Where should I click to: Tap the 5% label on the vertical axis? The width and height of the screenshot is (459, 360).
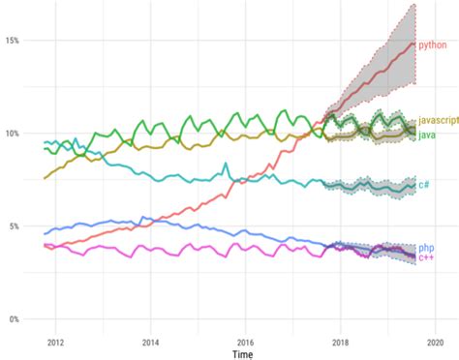click(13, 226)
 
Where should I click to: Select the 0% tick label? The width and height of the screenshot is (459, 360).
click(13, 319)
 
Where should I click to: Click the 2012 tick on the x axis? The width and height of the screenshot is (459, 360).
click(55, 342)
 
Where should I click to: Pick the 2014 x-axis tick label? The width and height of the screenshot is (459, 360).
click(150, 342)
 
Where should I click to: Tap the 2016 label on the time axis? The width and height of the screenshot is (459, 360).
click(245, 342)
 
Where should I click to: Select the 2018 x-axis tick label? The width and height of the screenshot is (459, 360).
click(340, 342)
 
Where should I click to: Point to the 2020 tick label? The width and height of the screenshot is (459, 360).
click(435, 342)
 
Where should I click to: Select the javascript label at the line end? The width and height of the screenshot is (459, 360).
click(438, 122)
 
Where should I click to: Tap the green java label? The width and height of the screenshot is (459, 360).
click(426, 134)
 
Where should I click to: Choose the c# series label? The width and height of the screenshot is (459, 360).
click(424, 185)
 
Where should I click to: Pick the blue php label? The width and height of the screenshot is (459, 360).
click(426, 249)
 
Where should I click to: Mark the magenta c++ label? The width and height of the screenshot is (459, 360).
click(425, 258)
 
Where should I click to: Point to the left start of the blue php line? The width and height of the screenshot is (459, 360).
click(45, 233)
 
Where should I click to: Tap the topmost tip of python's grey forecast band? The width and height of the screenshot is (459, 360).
click(414, 5)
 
